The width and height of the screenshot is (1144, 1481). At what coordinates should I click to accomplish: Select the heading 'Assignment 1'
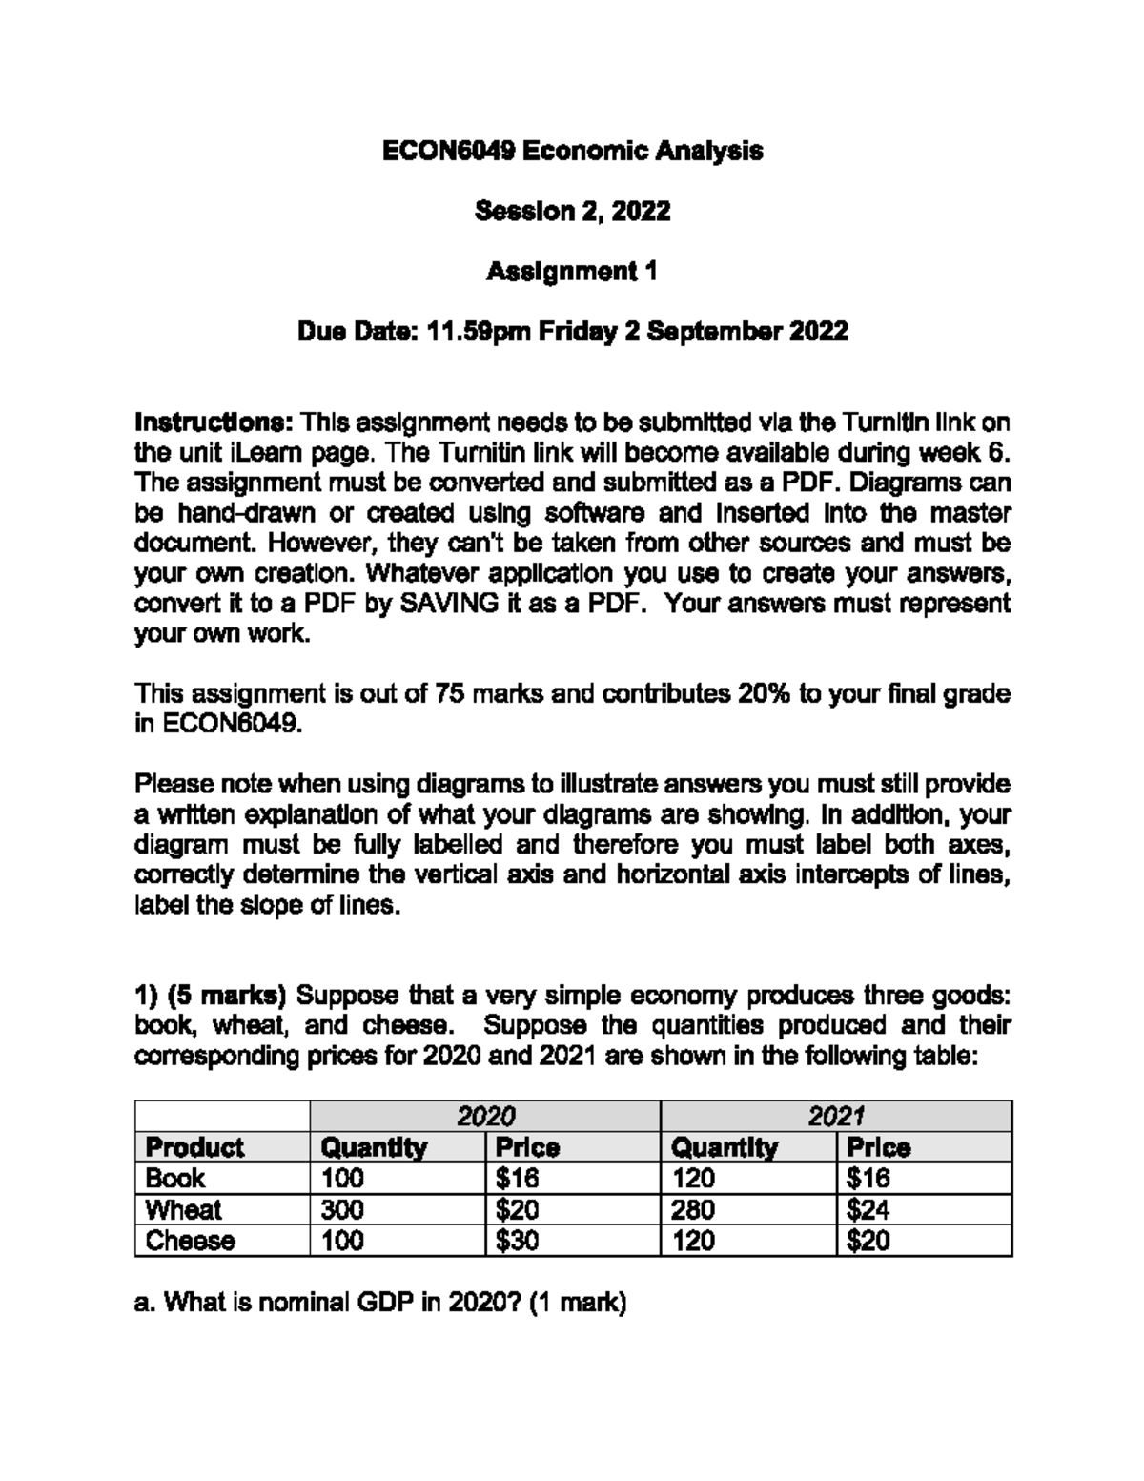click(572, 272)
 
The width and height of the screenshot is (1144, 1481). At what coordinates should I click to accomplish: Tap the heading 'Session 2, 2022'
click(572, 211)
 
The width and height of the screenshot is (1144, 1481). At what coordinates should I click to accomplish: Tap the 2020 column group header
click(485, 1117)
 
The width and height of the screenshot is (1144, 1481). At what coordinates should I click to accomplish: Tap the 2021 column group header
click(835, 1117)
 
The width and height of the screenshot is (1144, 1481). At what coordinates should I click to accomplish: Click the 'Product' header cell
click(194, 1147)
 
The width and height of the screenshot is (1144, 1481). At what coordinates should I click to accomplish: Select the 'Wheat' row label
click(183, 1210)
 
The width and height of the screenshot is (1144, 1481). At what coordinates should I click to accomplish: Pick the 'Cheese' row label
click(190, 1241)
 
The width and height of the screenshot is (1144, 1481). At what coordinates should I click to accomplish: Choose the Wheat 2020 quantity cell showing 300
click(342, 1210)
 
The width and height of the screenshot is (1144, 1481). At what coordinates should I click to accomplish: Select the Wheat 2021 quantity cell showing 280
click(693, 1210)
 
